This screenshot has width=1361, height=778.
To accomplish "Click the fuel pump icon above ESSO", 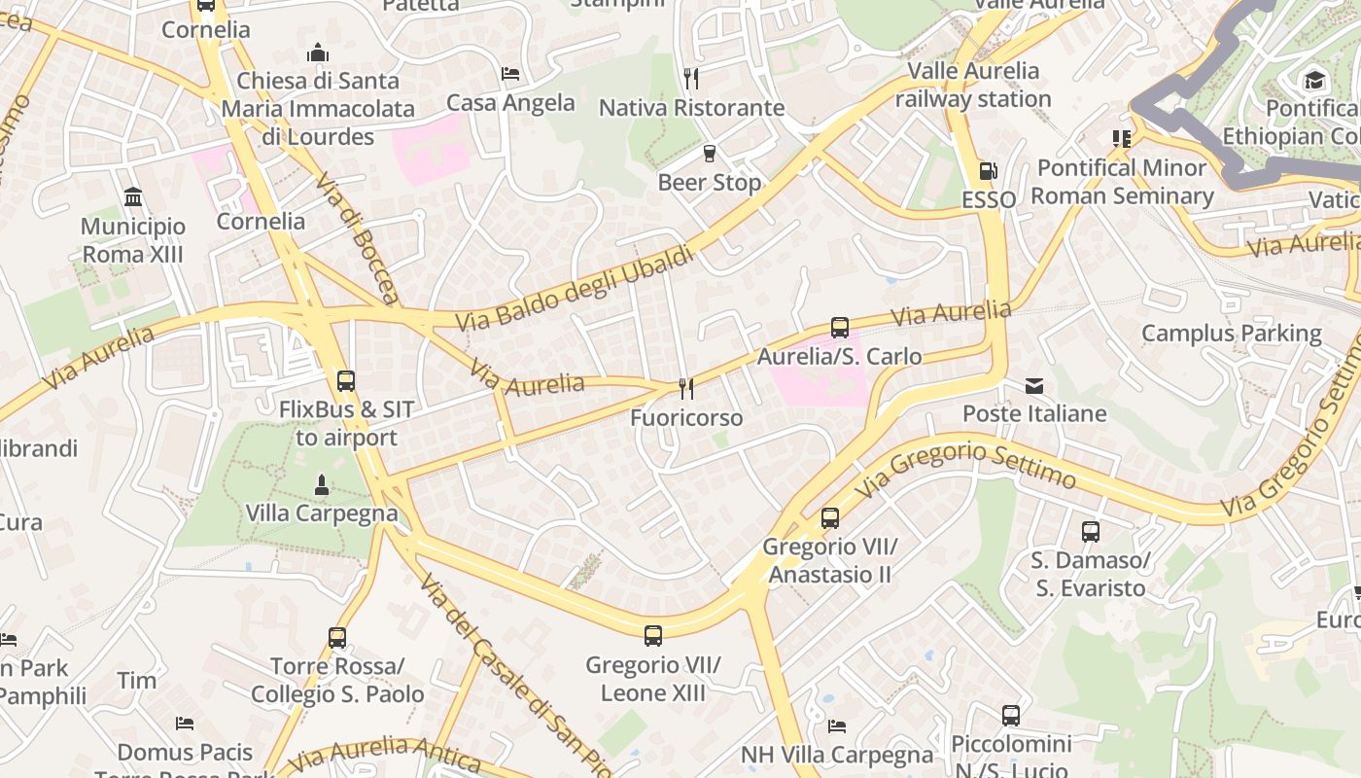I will click(988, 171).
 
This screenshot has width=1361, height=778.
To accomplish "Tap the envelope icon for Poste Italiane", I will click(1034, 386).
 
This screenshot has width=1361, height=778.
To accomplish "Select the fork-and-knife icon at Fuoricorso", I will click(686, 389).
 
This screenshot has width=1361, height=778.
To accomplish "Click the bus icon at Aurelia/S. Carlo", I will click(840, 328).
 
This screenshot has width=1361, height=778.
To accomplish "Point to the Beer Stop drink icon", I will click(710, 154).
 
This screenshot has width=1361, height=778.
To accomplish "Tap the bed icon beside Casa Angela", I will click(510, 74).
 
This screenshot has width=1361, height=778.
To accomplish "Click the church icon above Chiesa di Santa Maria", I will click(317, 53).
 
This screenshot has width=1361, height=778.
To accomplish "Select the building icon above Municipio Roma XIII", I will click(133, 198).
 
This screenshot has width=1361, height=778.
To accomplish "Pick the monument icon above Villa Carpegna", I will click(322, 484).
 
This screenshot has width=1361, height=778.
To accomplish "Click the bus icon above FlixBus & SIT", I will click(345, 381).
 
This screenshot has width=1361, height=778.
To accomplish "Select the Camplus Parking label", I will click(1231, 334).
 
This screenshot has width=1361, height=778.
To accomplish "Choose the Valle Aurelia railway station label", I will click(973, 85).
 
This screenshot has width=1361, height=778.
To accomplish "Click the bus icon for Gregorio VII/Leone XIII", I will click(653, 636).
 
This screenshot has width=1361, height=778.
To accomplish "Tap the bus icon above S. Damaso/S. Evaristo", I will click(1091, 532).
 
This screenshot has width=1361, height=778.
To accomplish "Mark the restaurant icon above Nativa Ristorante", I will click(691, 78).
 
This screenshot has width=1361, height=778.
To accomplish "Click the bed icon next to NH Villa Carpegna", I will click(837, 726).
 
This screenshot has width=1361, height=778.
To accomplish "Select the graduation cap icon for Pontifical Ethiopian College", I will click(1314, 80).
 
